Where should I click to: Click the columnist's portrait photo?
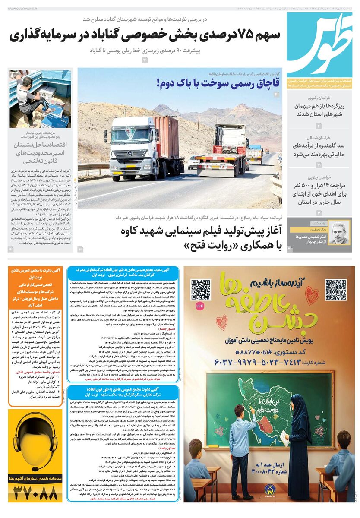(339, 234)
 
